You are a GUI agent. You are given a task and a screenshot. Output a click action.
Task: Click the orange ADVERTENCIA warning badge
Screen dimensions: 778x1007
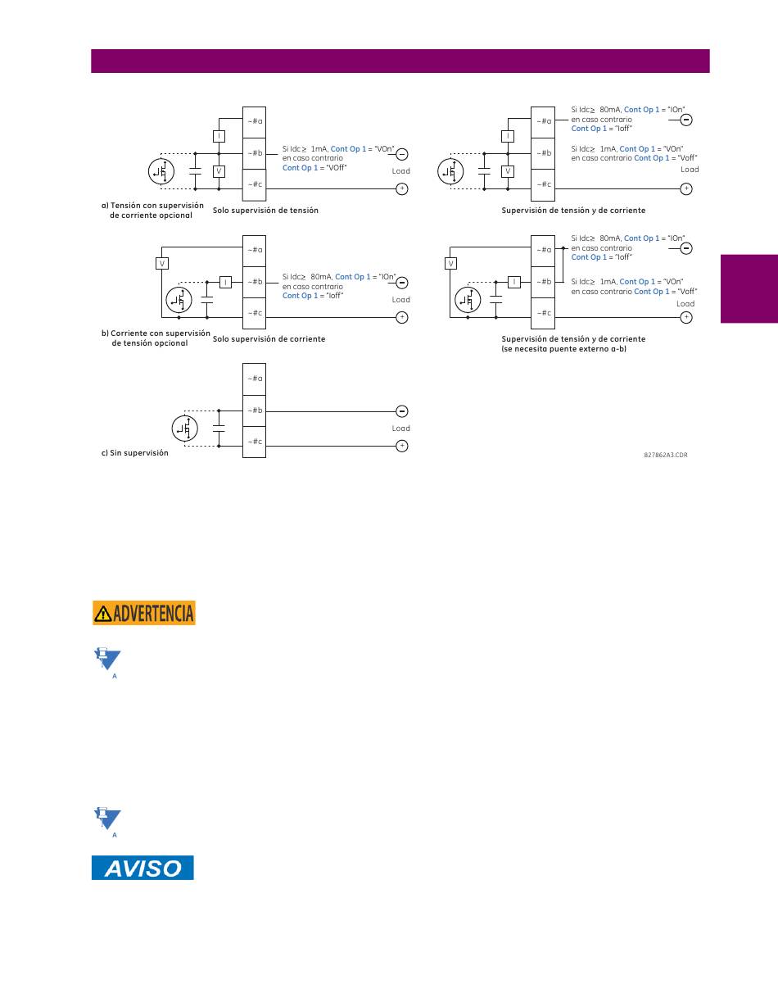[143, 612]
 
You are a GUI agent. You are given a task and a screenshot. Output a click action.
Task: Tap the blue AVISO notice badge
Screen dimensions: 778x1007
[142, 868]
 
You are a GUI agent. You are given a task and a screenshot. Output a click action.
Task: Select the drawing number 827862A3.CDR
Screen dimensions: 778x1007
[666, 455]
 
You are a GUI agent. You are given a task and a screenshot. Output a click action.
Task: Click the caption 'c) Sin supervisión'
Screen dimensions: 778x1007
[135, 453]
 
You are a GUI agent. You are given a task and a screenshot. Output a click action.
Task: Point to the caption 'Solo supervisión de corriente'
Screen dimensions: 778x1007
[269, 338]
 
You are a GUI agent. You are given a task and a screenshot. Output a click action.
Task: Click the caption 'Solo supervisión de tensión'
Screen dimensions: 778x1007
[265, 211]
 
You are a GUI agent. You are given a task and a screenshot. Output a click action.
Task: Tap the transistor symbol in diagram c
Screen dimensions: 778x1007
[185, 429]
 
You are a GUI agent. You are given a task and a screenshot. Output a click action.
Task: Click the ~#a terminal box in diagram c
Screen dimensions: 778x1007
[254, 379]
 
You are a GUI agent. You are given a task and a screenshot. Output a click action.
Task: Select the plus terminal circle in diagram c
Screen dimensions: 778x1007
[402, 446]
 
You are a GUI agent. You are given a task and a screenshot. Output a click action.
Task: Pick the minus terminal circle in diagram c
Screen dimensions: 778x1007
[402, 411]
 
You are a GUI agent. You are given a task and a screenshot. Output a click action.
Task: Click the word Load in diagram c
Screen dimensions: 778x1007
[401, 429]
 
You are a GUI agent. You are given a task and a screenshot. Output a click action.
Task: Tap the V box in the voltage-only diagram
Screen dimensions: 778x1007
[219, 171]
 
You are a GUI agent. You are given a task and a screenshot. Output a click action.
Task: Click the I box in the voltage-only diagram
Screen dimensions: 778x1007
[219, 136]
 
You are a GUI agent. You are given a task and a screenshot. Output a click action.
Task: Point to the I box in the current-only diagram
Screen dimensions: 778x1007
[225, 282]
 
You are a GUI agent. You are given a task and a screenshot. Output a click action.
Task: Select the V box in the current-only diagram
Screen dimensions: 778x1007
[162, 263]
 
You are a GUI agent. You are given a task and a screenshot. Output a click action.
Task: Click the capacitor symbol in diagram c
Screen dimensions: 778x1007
[219, 429]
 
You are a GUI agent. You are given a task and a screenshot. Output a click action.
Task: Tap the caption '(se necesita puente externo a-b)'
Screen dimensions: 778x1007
[563, 349]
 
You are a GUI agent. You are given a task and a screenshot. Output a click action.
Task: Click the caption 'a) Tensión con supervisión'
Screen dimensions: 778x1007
[152, 206]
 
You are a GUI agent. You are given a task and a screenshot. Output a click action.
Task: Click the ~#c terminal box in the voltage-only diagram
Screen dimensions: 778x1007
[254, 185]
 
